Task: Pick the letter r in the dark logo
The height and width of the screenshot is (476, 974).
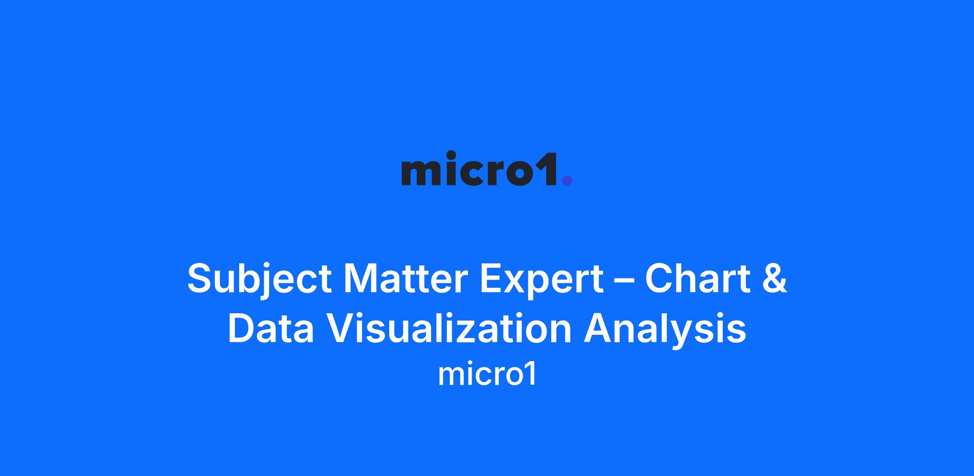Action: (x=496, y=173)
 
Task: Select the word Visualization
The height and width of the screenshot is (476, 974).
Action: (x=449, y=329)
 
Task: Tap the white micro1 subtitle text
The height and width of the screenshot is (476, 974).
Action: (x=487, y=375)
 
